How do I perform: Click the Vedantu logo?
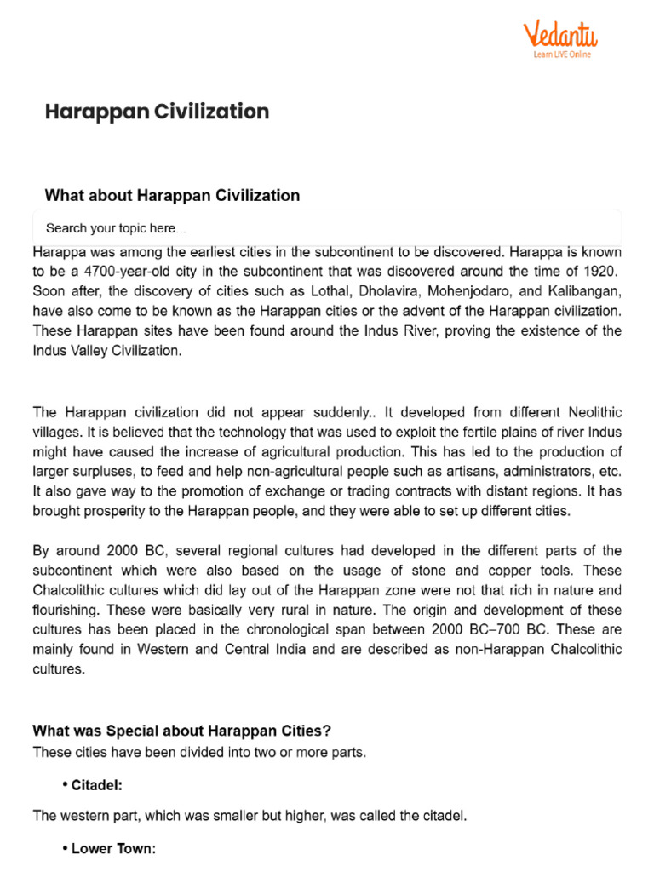click(560, 35)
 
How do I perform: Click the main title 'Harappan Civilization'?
click(157, 112)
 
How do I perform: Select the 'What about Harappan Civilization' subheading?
click(172, 195)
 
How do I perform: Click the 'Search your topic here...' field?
click(327, 228)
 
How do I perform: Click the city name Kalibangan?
click(585, 290)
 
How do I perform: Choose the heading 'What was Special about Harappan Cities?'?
click(181, 731)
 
